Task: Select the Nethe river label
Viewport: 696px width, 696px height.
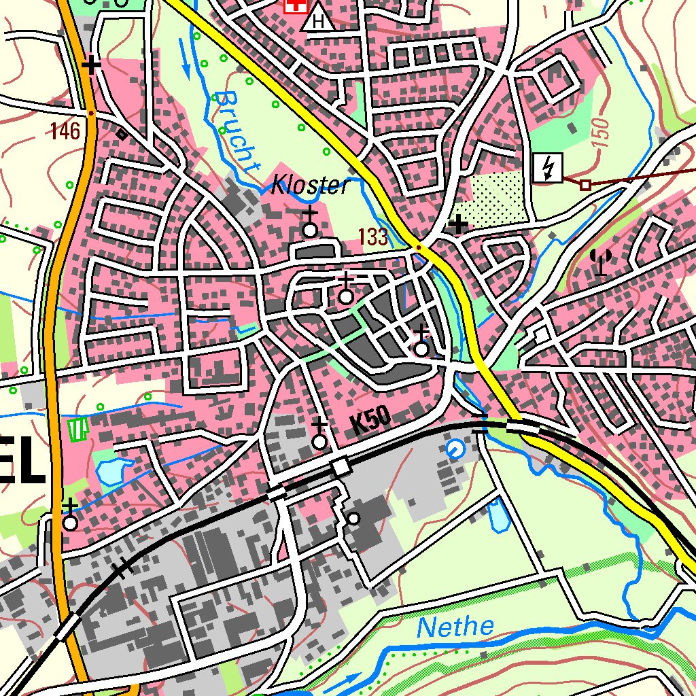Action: (x=455, y=627)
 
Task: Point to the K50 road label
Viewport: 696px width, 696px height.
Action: (x=370, y=423)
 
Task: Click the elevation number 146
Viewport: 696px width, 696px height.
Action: (x=65, y=130)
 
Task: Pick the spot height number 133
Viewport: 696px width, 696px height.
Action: (x=374, y=237)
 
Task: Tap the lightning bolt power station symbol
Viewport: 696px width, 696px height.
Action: (x=548, y=168)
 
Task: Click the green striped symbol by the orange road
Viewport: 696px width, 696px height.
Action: (x=80, y=428)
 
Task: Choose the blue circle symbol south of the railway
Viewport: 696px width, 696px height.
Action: (x=455, y=448)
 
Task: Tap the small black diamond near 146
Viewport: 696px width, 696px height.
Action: (x=122, y=134)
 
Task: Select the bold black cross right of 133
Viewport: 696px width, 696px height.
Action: (x=459, y=224)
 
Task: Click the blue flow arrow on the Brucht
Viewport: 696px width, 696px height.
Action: (x=185, y=58)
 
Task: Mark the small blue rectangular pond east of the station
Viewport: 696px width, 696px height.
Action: (x=498, y=515)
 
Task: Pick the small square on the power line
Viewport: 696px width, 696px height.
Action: (x=585, y=184)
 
